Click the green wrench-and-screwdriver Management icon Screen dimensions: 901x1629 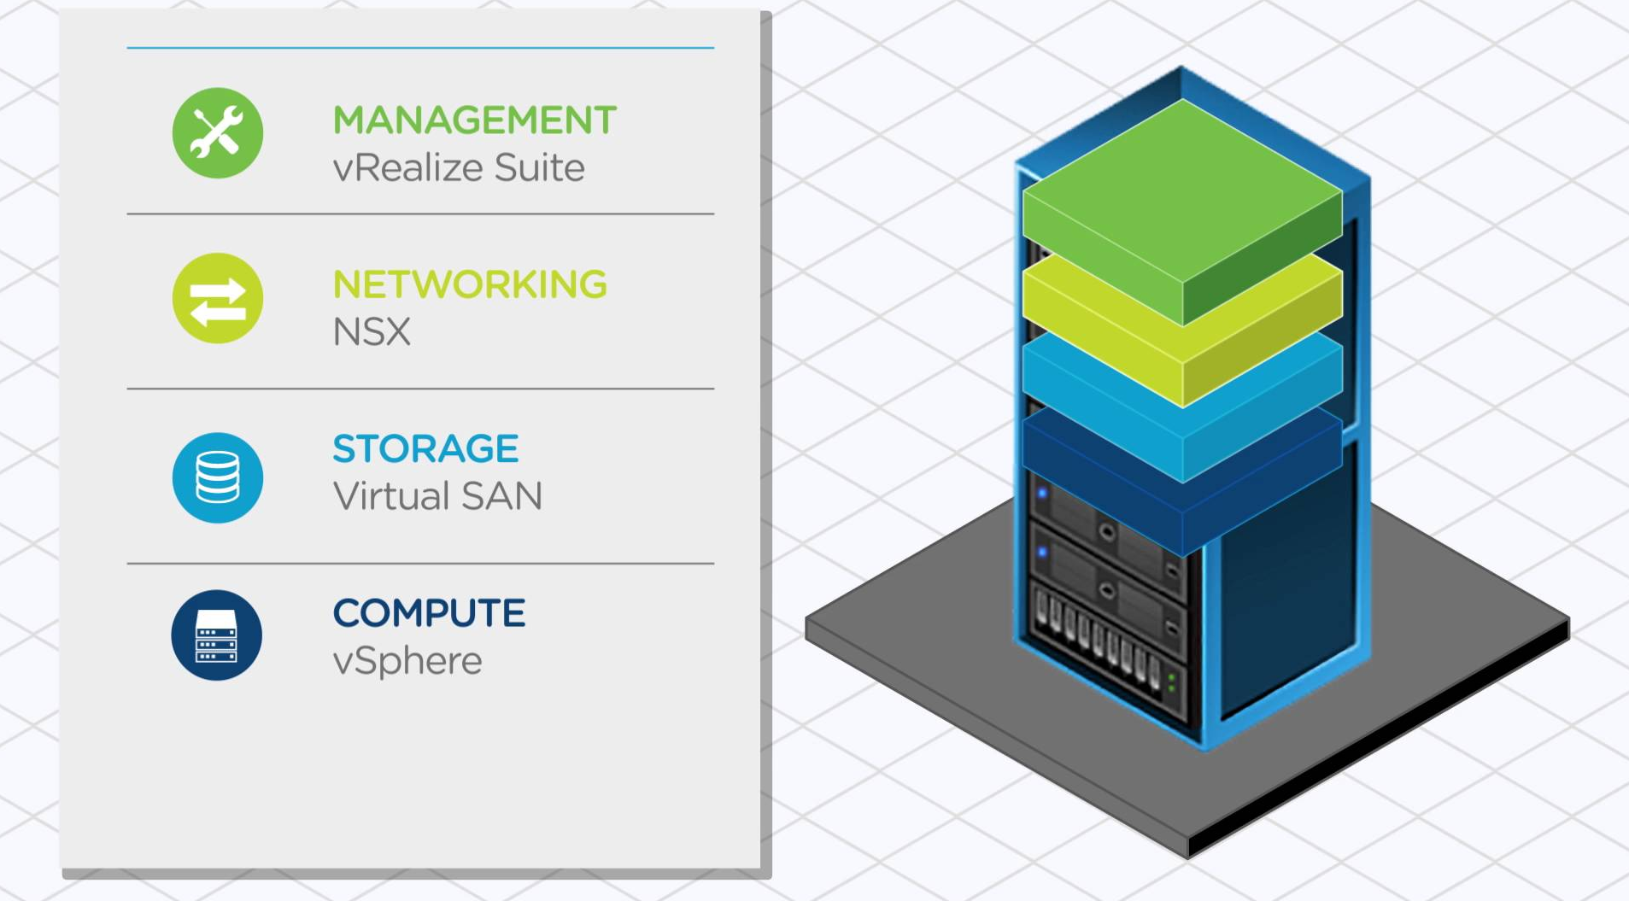pos(217,133)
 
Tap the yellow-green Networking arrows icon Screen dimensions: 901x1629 pos(217,298)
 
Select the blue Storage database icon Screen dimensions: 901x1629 pos(217,477)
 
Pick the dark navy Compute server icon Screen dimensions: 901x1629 pos(216,635)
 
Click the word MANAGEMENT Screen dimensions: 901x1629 pos(474,120)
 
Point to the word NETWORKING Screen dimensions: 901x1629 pos(470,284)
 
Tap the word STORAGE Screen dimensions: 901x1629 pos(425,449)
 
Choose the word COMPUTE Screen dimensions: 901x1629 pos(429,613)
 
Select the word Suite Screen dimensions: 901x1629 pos(539,167)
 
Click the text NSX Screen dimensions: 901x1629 pos(372,332)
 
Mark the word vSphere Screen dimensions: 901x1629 pos(407,661)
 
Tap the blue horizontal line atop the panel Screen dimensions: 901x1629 pos(420,48)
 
